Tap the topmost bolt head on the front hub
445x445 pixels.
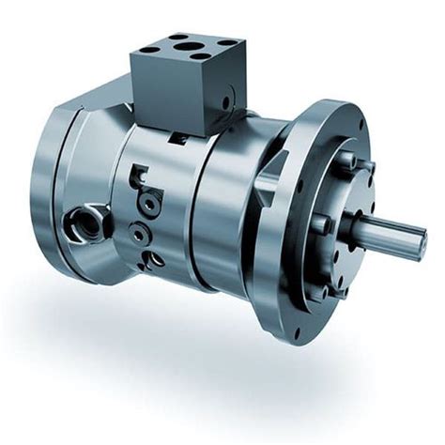click(x=345, y=160)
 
